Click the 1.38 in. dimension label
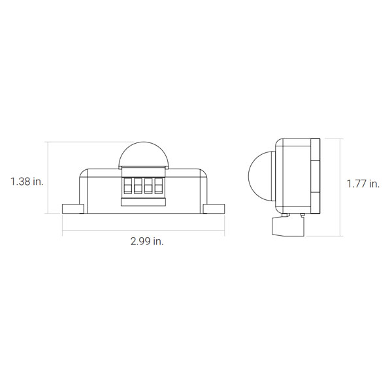pos(27,182)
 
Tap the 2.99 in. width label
pos(147,241)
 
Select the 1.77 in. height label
pos(363,184)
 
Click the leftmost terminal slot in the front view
pos(128,186)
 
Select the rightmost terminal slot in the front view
pos(159,186)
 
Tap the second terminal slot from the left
pos(138,186)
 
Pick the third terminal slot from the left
pos(148,186)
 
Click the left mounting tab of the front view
pos(73,209)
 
